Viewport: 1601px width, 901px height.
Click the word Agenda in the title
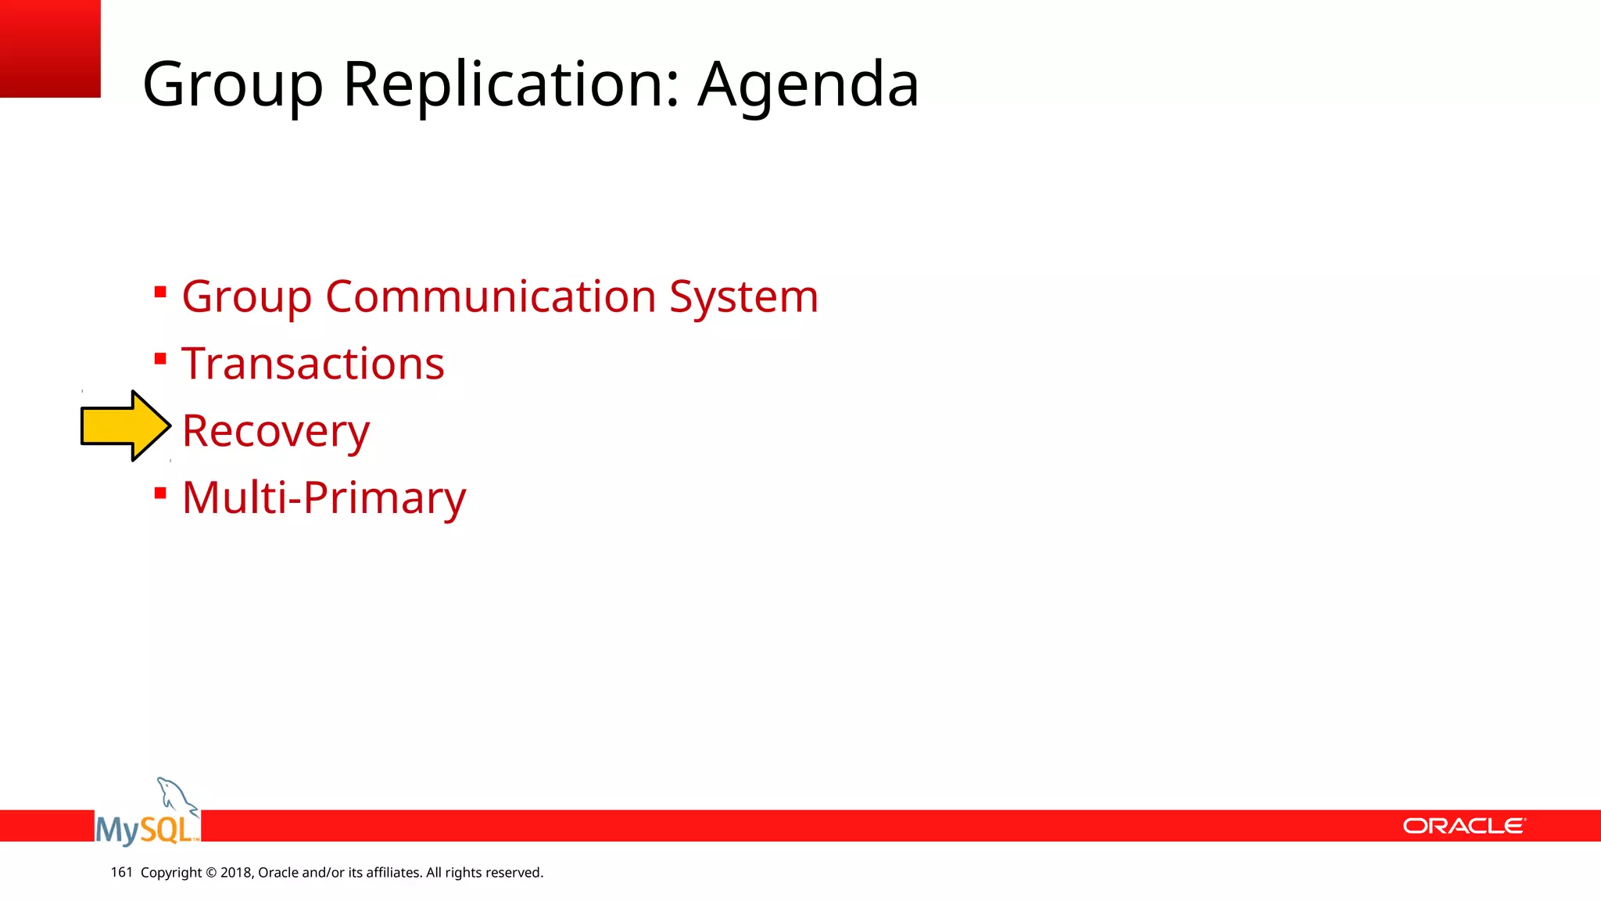point(808,84)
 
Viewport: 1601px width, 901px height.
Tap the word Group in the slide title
point(232,84)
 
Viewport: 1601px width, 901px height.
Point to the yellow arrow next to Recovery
point(125,426)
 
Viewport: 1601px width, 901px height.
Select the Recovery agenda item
point(275,431)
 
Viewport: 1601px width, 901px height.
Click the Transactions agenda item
point(313,364)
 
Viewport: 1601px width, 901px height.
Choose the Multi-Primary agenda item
point(324,497)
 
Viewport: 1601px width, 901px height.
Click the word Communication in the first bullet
point(490,296)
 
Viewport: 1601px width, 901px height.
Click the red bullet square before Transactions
point(160,359)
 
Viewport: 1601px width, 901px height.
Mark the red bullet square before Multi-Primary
point(160,493)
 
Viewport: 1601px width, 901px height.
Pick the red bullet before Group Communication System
point(160,293)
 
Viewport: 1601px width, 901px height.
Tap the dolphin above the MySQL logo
point(175,795)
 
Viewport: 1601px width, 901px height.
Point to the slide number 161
point(121,872)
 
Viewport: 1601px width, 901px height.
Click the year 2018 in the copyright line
point(235,873)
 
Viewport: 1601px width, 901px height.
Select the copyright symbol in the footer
point(211,873)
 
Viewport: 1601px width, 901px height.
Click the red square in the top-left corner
point(50,48)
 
